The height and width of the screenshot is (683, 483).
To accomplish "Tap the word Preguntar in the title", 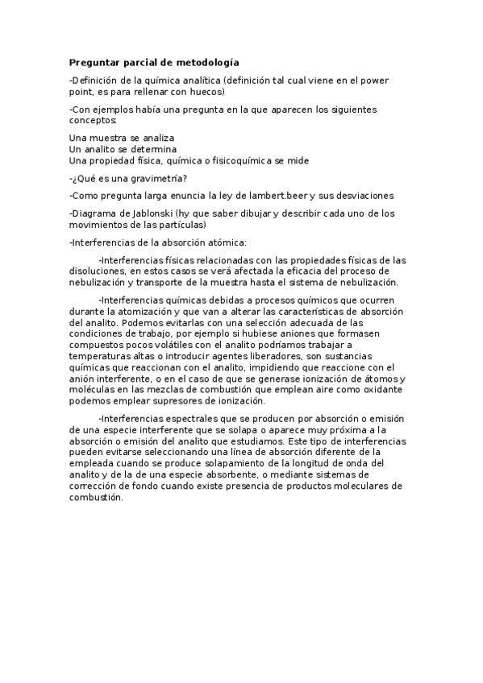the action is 95,62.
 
